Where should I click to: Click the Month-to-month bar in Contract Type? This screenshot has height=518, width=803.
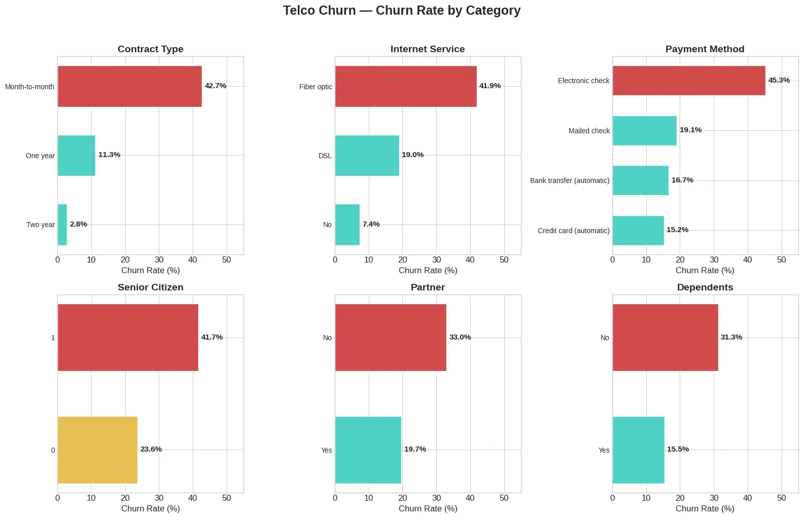(x=129, y=86)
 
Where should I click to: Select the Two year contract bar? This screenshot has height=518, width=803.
(x=62, y=225)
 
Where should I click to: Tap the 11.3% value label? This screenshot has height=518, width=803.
(x=109, y=155)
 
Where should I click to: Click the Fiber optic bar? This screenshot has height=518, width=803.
(x=405, y=86)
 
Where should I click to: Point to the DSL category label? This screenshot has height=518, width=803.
(x=325, y=156)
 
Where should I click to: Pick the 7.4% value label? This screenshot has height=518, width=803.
(x=371, y=224)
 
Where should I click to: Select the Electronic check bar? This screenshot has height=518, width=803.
(x=688, y=81)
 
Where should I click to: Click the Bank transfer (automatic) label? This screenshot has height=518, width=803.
(x=570, y=180)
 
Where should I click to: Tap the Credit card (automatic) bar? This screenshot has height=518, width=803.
(x=638, y=231)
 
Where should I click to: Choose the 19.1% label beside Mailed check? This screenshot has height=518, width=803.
(x=690, y=130)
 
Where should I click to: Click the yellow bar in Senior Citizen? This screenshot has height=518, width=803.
(x=97, y=450)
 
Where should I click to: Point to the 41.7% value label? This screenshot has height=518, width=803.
(x=212, y=337)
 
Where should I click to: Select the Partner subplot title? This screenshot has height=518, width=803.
(x=428, y=287)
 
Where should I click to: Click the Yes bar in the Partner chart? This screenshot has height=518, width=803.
(x=368, y=450)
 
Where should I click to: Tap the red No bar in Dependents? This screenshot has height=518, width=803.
(x=665, y=337)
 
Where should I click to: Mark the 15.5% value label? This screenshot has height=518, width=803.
(x=678, y=449)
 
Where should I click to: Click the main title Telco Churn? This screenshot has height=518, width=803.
(x=401, y=11)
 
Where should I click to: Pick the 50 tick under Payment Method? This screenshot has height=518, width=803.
(x=781, y=260)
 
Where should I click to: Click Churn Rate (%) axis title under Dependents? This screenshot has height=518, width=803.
(x=705, y=508)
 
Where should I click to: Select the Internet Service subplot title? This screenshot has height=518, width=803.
(x=428, y=49)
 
